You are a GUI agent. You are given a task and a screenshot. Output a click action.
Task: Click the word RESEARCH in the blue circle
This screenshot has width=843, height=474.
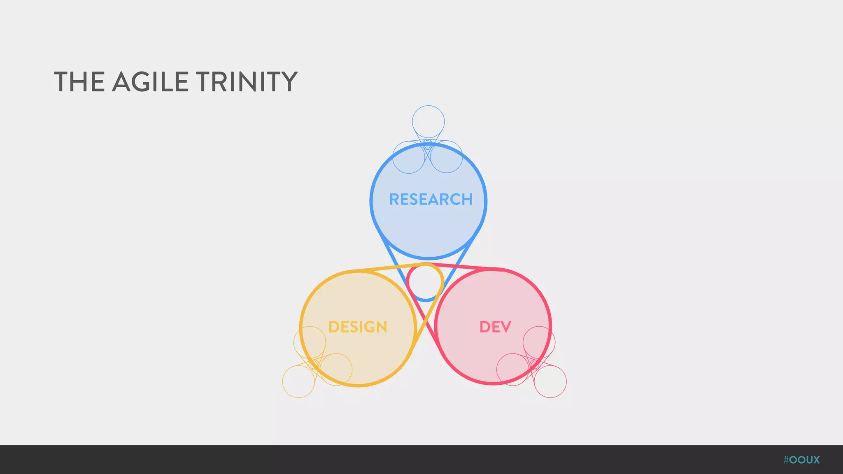tap(431, 200)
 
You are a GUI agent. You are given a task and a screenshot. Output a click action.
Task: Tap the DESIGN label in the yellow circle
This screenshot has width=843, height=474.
tap(358, 327)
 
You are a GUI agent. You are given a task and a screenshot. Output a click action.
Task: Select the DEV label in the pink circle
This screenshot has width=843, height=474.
tap(495, 327)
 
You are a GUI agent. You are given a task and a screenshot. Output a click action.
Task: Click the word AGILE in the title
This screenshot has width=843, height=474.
tap(150, 81)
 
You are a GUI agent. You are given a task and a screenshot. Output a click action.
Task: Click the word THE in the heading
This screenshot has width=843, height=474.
tap(79, 81)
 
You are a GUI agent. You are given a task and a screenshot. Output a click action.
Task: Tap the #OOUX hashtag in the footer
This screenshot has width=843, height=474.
tap(801, 460)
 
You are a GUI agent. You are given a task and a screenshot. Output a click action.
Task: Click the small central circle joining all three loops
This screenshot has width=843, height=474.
tap(425, 282)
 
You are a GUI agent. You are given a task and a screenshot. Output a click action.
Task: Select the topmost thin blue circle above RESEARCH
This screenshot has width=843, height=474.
tap(428, 122)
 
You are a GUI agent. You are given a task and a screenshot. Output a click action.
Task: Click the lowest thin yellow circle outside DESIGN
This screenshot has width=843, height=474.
tap(298, 381)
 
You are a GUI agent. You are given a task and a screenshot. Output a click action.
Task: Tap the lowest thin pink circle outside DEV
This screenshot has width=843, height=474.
tap(550, 381)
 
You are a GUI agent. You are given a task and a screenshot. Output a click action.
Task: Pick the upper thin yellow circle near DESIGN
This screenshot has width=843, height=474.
tap(310, 342)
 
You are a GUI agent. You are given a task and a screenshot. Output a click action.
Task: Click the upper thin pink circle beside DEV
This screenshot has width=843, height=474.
tap(539, 342)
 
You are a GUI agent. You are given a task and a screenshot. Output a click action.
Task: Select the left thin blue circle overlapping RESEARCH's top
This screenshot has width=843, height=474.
tap(409, 157)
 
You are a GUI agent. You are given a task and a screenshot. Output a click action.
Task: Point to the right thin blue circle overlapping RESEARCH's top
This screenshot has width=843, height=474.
tap(447, 157)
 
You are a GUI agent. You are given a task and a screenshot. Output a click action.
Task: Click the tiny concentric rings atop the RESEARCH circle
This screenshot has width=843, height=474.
tap(428, 144)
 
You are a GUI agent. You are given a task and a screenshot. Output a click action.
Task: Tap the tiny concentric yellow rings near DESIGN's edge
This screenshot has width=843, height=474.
tap(314, 365)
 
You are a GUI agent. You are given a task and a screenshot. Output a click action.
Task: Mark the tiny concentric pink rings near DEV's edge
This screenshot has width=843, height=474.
tap(535, 365)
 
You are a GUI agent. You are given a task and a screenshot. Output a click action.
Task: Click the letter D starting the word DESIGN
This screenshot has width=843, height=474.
tap(334, 327)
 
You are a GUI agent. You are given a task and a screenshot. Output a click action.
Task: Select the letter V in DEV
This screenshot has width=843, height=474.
tap(506, 327)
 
